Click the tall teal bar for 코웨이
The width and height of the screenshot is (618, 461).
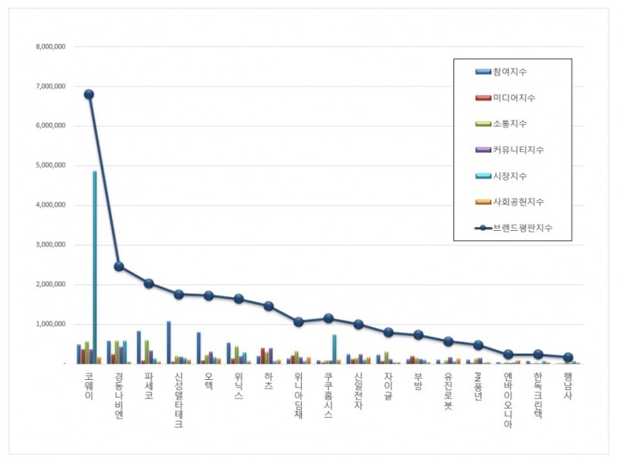(x=94, y=266)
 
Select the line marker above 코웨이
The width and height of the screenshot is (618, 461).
(x=89, y=94)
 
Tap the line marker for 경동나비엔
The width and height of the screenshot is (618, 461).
(x=119, y=266)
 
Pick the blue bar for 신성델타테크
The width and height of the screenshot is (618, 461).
(x=168, y=342)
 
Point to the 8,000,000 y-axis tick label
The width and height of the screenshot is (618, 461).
(x=51, y=46)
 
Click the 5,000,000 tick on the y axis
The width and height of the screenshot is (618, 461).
(x=51, y=165)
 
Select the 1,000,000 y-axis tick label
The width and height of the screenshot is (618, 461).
(x=51, y=324)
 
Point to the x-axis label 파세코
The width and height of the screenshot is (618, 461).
(x=148, y=385)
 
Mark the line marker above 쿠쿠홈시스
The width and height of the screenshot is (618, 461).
(x=328, y=318)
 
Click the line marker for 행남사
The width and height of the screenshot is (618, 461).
(x=569, y=358)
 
